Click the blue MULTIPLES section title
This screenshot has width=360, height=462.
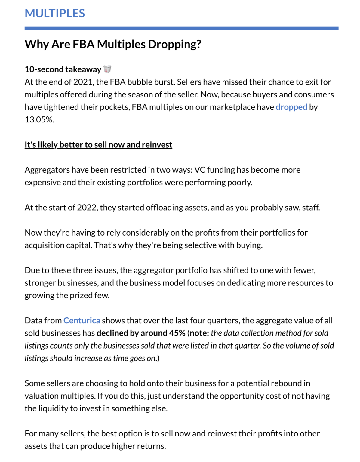[55, 13]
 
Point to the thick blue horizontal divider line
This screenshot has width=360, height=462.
[181, 28]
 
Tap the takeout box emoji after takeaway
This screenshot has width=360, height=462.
[107, 69]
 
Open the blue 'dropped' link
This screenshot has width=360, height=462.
[291, 107]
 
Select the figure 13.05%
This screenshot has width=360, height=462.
[39, 120]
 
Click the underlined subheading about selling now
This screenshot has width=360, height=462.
[98, 145]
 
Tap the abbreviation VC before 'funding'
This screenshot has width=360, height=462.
[200, 170]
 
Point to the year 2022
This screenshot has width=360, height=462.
[87, 208]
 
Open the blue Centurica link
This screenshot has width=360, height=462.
[82, 321]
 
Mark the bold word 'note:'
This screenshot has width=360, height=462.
[199, 333]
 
